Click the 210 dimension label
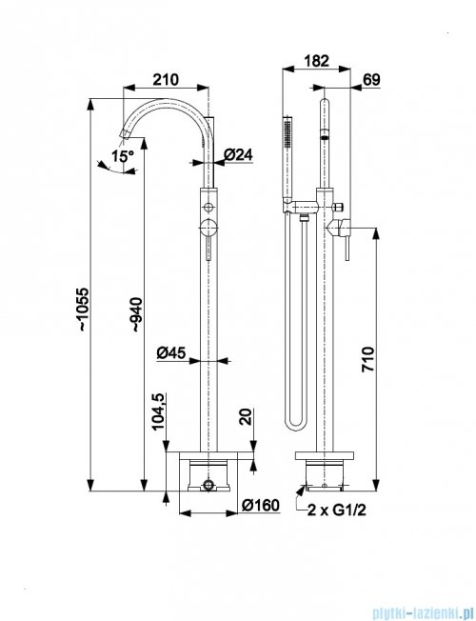(166, 80)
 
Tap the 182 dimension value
(316, 61)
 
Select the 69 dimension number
(371, 80)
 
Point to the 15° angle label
(123, 155)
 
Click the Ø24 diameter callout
(238, 154)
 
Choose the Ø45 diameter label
(170, 352)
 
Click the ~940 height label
(137, 314)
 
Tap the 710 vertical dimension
(367, 359)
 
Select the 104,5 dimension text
(158, 411)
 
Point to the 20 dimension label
(246, 417)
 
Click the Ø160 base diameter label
(261, 505)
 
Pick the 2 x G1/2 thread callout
(337, 511)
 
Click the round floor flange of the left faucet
(208, 455)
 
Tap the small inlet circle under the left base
(208, 485)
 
